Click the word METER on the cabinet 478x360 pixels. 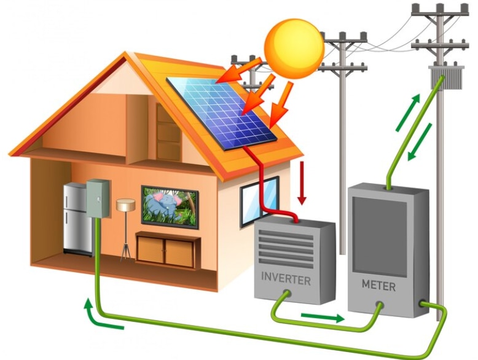[378, 284]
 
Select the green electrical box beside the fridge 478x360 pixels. [98, 198]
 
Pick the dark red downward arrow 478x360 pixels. [301, 184]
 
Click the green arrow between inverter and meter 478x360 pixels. [323, 318]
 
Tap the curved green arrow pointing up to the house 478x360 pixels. [98, 315]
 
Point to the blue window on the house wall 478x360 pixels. [258, 201]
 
